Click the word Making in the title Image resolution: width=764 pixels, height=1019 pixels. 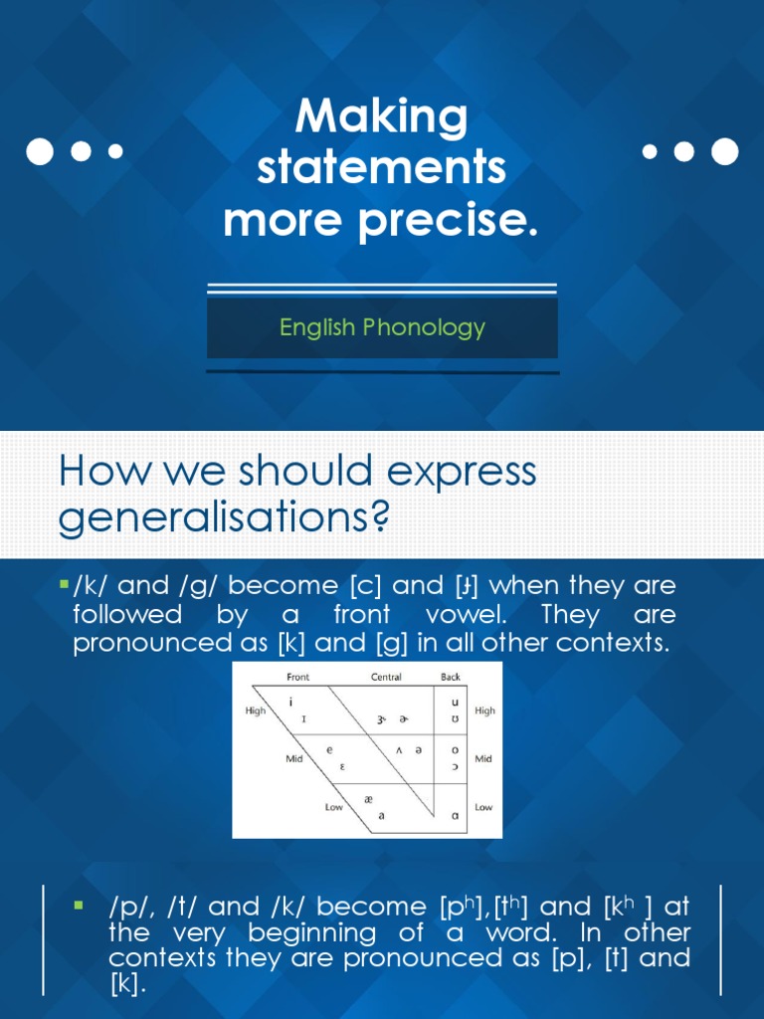tap(381, 118)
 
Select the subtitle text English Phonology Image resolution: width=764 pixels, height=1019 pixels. tap(382, 327)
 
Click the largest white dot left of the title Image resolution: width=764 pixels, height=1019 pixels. tap(39, 151)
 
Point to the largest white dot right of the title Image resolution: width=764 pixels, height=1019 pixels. tap(725, 151)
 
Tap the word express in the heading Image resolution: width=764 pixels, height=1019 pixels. tap(461, 471)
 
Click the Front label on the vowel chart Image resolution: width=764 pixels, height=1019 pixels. tap(297, 678)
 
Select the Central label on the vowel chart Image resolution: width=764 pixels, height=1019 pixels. tap(385, 678)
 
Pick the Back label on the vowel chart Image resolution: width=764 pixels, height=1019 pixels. tap(451, 678)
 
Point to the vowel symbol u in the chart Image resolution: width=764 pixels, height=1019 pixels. tap(455, 701)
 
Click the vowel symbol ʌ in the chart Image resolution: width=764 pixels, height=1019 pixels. tap(399, 750)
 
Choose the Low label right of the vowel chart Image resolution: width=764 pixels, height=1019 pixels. tap(483, 807)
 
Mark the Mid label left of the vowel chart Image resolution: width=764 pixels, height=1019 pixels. tap(294, 758)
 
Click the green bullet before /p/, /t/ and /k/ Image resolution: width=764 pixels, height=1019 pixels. tap(77, 905)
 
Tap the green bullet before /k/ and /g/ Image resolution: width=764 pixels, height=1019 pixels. tap(64, 580)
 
